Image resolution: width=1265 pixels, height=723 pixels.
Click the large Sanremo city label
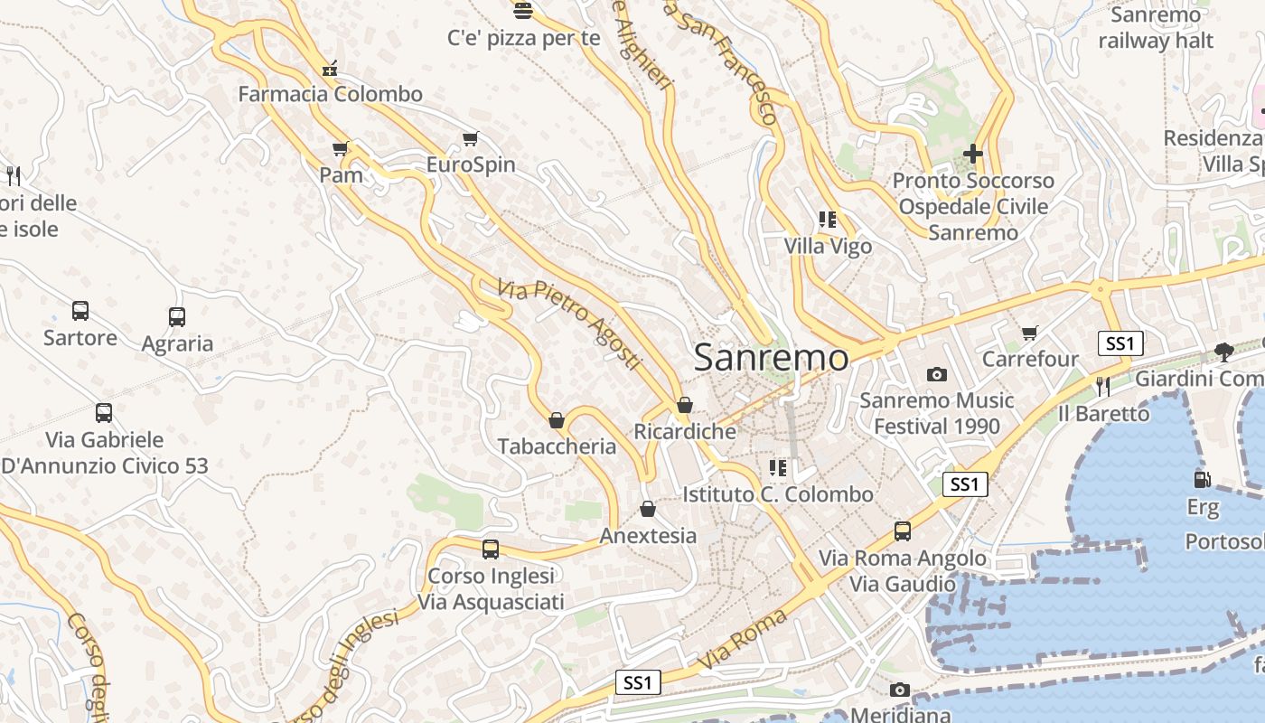tap(771, 358)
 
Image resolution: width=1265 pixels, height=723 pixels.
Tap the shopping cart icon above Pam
tap(341, 149)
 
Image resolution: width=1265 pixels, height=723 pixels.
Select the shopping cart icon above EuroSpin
tap(470, 138)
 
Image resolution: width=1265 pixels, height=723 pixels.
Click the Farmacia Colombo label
tap(330, 94)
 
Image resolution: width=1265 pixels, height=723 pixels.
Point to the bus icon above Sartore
tap(80, 311)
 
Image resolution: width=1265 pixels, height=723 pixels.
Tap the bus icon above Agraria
tap(177, 317)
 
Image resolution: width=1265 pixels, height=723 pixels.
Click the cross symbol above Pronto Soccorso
tap(972, 154)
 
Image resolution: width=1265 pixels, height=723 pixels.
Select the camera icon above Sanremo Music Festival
tap(937, 374)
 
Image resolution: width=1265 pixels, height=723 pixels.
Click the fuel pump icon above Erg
tap(1202, 480)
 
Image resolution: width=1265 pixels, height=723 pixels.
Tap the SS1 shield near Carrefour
tap(1120, 343)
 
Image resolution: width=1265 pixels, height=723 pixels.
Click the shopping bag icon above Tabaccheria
tap(557, 420)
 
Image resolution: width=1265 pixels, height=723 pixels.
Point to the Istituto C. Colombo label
tap(778, 494)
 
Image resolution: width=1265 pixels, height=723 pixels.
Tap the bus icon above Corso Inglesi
tap(491, 549)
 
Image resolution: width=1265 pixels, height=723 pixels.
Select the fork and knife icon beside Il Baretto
tap(1102, 387)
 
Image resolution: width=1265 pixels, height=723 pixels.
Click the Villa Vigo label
tap(828, 246)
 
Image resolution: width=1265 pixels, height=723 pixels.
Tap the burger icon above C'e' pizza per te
tap(523, 11)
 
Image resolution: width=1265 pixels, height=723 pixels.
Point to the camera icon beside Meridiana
tap(899, 690)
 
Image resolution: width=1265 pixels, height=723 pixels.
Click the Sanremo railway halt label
tap(1156, 28)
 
